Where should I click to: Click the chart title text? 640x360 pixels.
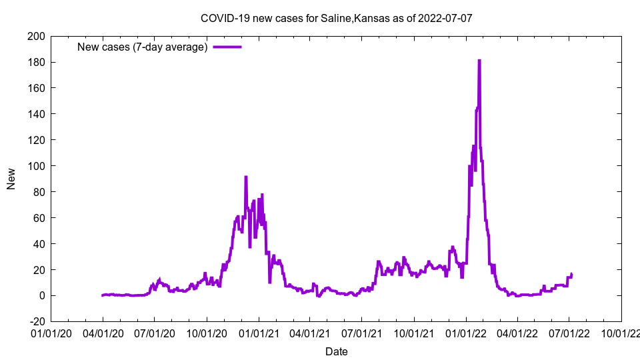[336, 18]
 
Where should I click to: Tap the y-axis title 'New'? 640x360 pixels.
[11, 179]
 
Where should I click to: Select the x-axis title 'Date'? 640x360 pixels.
[336, 351]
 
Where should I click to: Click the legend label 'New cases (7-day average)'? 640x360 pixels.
[143, 47]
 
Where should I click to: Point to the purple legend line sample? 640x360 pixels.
[227, 47]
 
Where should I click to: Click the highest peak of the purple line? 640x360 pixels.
[479, 61]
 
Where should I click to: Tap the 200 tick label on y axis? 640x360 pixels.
[37, 36]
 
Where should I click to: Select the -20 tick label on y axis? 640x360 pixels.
[37, 321]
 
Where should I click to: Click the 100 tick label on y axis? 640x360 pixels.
[37, 166]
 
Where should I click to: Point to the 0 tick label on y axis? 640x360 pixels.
[41, 295]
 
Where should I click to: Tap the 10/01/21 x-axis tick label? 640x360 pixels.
[413, 333]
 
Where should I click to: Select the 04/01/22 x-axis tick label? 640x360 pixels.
[517, 333]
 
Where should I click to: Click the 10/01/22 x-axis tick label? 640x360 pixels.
[621, 333]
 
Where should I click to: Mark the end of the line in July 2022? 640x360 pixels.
[571, 274]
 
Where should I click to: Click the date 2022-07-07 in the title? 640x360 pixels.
[445, 18]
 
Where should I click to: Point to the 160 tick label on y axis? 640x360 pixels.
[37, 88]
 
